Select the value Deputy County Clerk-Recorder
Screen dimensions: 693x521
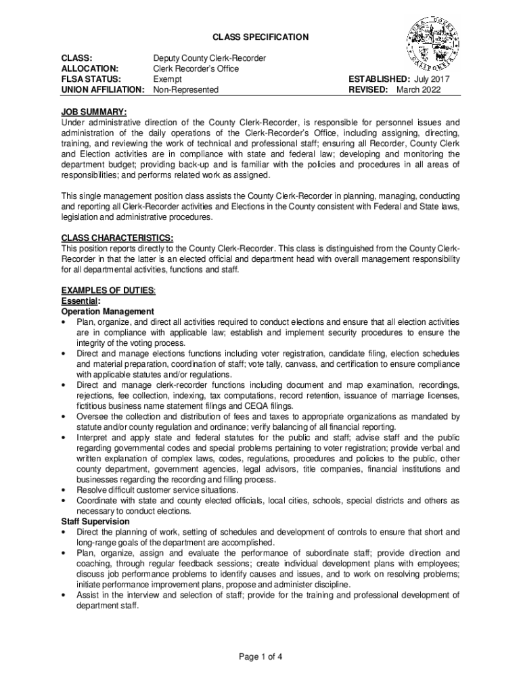[209, 58]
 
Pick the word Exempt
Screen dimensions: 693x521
[168, 79]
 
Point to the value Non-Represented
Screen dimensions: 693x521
[186, 89]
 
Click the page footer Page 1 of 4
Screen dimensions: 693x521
[260, 656]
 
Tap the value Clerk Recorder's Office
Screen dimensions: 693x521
[196, 68]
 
